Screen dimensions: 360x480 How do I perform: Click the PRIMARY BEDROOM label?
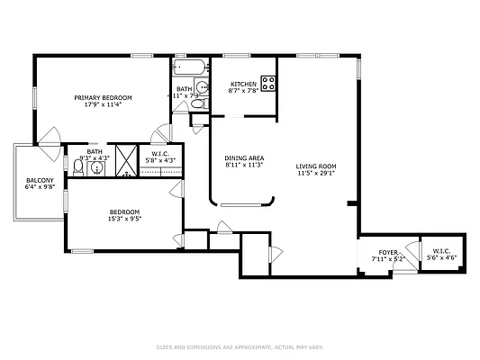coord(103,97)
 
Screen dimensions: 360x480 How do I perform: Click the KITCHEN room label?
coord(243,84)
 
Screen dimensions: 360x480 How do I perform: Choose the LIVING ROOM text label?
coord(316,166)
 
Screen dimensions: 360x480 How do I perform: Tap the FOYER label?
coord(387,253)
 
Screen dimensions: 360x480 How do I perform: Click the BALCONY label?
coord(41,181)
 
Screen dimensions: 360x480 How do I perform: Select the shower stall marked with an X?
coord(127,162)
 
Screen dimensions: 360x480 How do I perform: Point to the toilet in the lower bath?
coord(79,167)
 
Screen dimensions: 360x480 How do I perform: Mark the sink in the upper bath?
coord(203,88)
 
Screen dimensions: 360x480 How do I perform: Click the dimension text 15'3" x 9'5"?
coord(124,218)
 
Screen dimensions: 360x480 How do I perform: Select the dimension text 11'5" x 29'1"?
coord(316,173)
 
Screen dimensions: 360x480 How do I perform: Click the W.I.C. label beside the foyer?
coord(441,251)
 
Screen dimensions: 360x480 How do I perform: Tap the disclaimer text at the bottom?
coord(240,346)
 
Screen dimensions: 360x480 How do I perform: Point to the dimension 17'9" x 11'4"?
coord(103,104)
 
